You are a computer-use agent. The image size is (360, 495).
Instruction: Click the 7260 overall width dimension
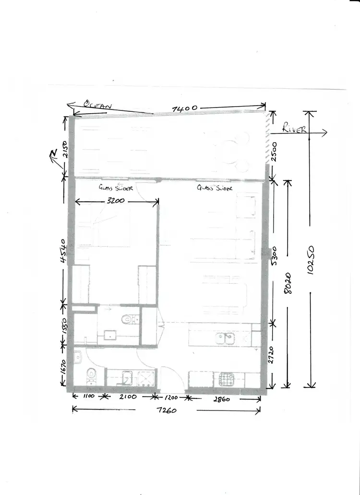(166, 411)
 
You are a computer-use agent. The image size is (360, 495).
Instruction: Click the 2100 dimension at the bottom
(128, 398)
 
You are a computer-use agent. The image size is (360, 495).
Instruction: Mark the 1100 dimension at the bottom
(88, 398)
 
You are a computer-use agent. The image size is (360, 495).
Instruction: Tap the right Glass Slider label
(215, 188)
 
